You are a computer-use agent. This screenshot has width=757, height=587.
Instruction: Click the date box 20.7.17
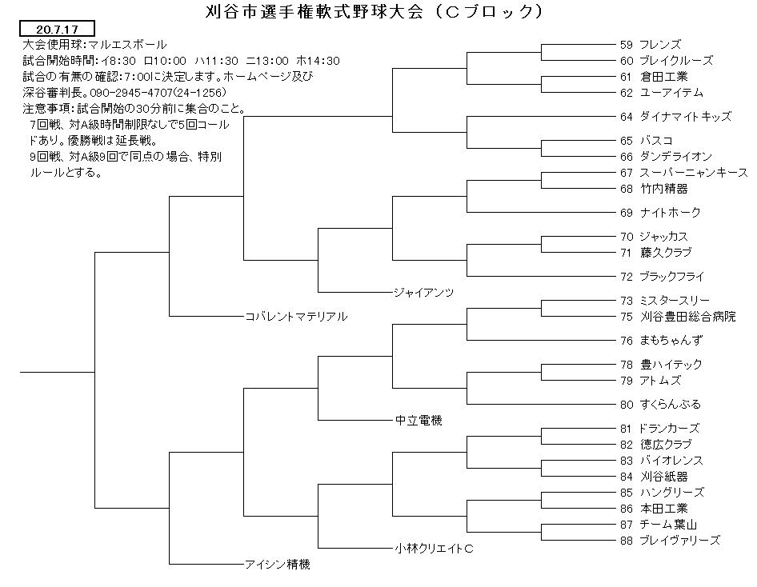pos(57,29)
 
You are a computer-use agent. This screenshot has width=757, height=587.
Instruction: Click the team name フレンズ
pos(660,45)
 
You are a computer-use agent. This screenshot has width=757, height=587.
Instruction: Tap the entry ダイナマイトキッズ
pos(685,117)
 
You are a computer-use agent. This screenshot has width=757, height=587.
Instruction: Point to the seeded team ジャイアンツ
pos(424,292)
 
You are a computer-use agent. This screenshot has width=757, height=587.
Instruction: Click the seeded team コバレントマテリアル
pos(296,317)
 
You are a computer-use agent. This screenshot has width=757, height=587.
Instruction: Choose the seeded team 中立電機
pos(419,421)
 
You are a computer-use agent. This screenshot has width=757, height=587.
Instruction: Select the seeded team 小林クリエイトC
pos(434,549)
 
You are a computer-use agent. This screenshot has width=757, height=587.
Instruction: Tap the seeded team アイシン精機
pos(278,565)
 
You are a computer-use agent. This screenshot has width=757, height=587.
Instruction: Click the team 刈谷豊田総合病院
pos(688,317)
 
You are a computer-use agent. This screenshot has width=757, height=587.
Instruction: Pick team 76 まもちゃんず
pos(661,341)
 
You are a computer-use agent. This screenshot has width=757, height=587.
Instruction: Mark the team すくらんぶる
pos(670,404)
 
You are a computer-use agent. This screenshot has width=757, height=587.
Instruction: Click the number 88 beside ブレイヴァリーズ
pos(627,541)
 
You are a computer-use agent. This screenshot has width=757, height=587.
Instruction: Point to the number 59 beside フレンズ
pos(627,45)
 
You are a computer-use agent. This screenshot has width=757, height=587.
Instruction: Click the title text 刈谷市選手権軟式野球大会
pos(314,10)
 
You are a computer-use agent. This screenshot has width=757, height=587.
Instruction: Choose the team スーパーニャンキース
pos(694,173)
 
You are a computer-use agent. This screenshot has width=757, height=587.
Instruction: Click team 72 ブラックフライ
pos(663,277)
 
